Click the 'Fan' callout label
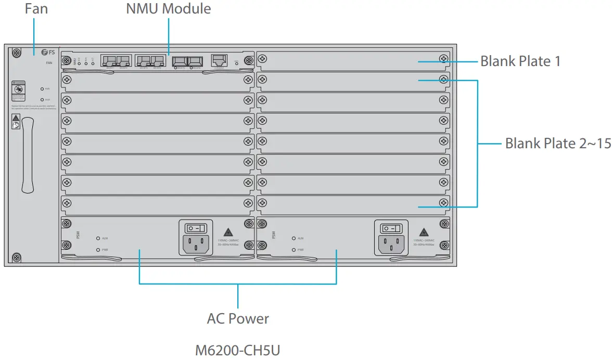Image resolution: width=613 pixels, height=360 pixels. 36,9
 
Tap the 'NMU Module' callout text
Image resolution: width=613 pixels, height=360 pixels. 169,9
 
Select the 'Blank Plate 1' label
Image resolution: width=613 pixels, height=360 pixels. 520,61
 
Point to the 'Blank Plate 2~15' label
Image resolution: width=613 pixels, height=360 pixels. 558,143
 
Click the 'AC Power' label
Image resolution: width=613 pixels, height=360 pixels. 238,318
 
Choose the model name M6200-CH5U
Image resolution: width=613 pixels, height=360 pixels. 238,350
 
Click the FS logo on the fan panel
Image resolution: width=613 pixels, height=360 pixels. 47,53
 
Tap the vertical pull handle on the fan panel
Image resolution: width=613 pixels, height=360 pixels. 28,156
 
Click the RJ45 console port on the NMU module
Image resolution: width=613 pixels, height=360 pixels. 219,60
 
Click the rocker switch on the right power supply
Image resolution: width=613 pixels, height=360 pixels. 391,228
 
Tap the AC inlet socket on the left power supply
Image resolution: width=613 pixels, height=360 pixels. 196,242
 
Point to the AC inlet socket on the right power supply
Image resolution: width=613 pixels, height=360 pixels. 391,242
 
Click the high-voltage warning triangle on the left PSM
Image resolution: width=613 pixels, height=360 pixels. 227,232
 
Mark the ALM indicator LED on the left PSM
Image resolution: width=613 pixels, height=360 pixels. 98,238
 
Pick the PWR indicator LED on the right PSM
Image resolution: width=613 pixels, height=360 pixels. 293,250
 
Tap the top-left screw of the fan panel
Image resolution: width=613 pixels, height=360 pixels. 17,53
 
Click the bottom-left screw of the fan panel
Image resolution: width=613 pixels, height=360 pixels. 17,258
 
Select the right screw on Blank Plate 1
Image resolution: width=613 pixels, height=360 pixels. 443,59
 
